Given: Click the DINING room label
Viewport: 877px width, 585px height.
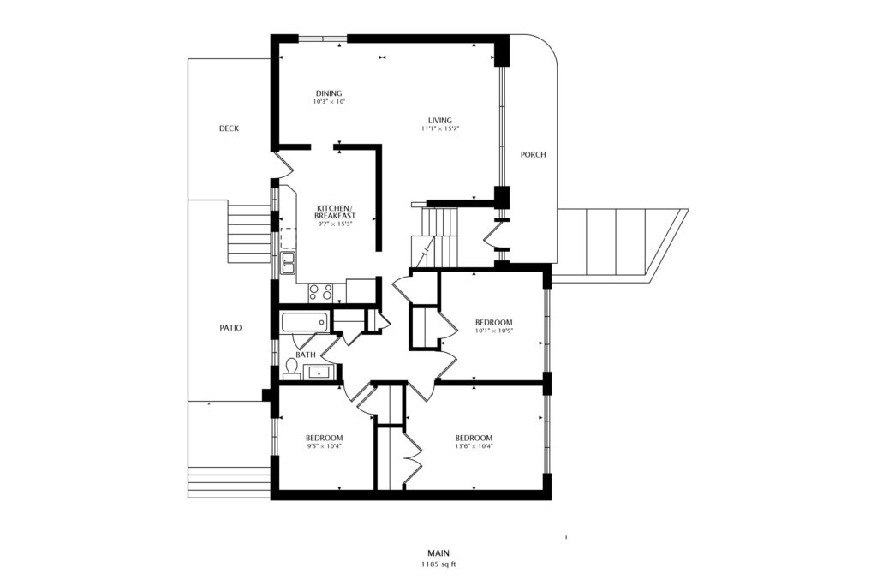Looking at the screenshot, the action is point(329,93).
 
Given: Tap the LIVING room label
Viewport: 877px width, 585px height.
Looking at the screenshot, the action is point(440,120).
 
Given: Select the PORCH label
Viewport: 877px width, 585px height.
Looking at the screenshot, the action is point(533,154).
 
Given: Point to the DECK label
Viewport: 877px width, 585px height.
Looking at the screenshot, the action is point(229,128).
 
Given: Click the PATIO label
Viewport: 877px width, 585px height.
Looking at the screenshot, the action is point(230,328).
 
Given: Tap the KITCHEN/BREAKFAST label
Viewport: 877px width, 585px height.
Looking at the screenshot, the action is point(335,212).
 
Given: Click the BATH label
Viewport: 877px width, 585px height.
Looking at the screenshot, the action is point(306,355).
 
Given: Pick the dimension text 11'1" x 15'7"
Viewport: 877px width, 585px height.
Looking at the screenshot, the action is point(440,128).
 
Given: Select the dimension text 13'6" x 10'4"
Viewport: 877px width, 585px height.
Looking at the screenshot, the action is point(474,446).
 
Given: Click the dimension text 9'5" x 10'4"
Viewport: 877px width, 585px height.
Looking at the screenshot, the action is point(325,446).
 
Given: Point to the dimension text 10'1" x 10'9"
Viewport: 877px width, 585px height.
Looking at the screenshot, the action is point(494,331).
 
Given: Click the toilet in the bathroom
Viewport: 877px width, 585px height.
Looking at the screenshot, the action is point(291,368).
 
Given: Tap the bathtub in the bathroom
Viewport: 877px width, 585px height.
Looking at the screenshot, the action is point(304,323).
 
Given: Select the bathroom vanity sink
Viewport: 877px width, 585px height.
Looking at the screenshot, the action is point(319,372).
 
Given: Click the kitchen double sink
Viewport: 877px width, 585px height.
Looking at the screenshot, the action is point(288,263).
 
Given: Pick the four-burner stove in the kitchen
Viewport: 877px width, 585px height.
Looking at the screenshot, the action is point(320,293).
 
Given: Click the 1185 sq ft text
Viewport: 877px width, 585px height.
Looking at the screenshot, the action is point(439,564).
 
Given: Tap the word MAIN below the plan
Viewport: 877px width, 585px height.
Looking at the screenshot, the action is point(439,553).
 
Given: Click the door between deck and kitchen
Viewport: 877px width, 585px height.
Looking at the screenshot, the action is point(283,164).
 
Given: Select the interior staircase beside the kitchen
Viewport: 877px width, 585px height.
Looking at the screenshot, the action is point(434,237).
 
